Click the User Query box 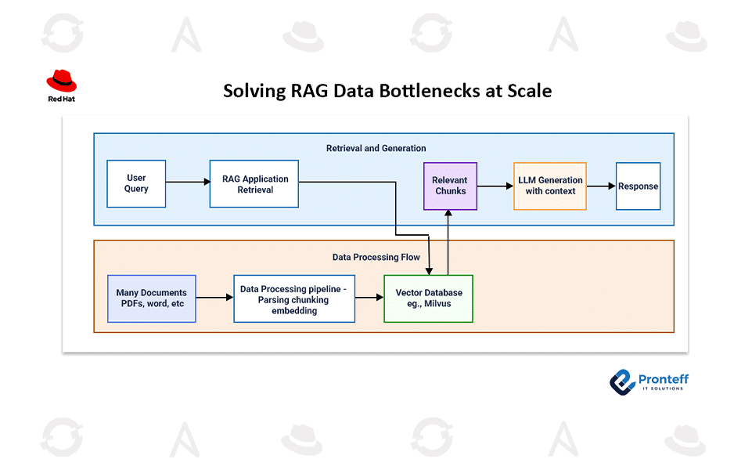(136, 184)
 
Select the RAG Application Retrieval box (254, 184)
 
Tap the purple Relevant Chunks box (449, 186)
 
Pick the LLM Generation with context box (550, 186)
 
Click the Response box (638, 186)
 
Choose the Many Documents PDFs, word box (151, 298)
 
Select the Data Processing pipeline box (294, 299)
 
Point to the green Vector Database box (428, 298)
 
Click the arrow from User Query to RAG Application (188, 183)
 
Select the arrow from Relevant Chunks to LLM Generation (494, 186)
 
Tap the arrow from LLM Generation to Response (601, 186)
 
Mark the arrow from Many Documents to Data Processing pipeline (214, 298)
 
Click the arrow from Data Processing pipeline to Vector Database (369, 298)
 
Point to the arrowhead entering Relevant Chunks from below (448, 215)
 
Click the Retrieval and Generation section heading (376, 148)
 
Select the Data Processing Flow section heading (376, 257)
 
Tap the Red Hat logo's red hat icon (61, 81)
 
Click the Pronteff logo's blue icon (622, 381)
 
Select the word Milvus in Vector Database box (441, 304)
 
